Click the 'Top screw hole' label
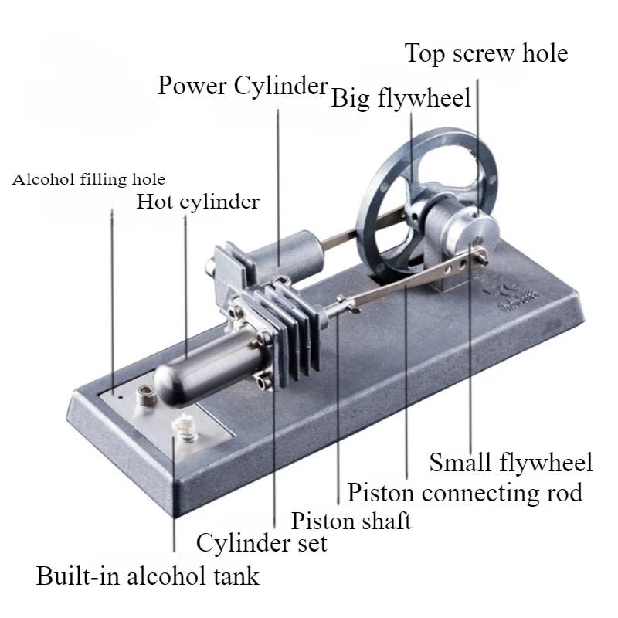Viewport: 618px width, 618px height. click(x=486, y=54)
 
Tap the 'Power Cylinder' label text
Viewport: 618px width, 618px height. click(x=243, y=85)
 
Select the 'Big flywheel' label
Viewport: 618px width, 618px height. click(x=401, y=100)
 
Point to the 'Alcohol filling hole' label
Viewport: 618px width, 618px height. click(x=89, y=180)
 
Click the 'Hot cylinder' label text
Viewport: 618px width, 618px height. click(x=198, y=202)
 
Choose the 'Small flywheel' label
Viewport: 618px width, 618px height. click(x=511, y=463)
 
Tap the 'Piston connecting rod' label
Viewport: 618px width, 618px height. click(x=463, y=492)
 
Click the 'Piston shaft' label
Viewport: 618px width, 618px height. click(x=351, y=520)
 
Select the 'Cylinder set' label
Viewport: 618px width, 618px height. click(x=261, y=543)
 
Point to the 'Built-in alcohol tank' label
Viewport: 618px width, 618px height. click(x=148, y=576)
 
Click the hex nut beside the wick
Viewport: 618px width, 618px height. click(x=144, y=396)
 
